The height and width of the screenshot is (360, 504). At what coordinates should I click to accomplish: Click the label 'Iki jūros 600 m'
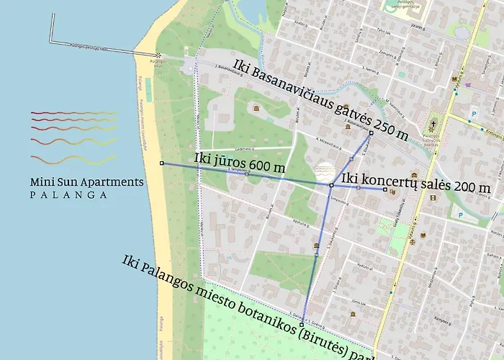239,163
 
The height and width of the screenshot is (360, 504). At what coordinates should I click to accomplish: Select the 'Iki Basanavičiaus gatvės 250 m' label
320,99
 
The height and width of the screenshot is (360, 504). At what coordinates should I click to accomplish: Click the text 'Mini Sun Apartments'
86,182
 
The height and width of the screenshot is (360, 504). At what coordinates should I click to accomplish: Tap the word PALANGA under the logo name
69,194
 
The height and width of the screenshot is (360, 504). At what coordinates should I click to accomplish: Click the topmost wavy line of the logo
73,113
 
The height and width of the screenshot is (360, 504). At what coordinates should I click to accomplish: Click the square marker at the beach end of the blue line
161,163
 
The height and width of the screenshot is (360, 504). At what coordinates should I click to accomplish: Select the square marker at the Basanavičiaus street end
371,132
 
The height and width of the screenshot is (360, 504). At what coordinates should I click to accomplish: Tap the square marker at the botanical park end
303,325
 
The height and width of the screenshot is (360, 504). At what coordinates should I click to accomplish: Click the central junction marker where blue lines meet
331,186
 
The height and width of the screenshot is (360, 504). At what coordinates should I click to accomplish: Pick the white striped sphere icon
325,171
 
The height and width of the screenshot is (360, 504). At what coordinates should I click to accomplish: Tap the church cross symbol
433,124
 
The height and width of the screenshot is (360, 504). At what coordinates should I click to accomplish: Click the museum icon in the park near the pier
256,108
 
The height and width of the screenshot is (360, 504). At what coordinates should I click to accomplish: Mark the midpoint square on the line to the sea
247,174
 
